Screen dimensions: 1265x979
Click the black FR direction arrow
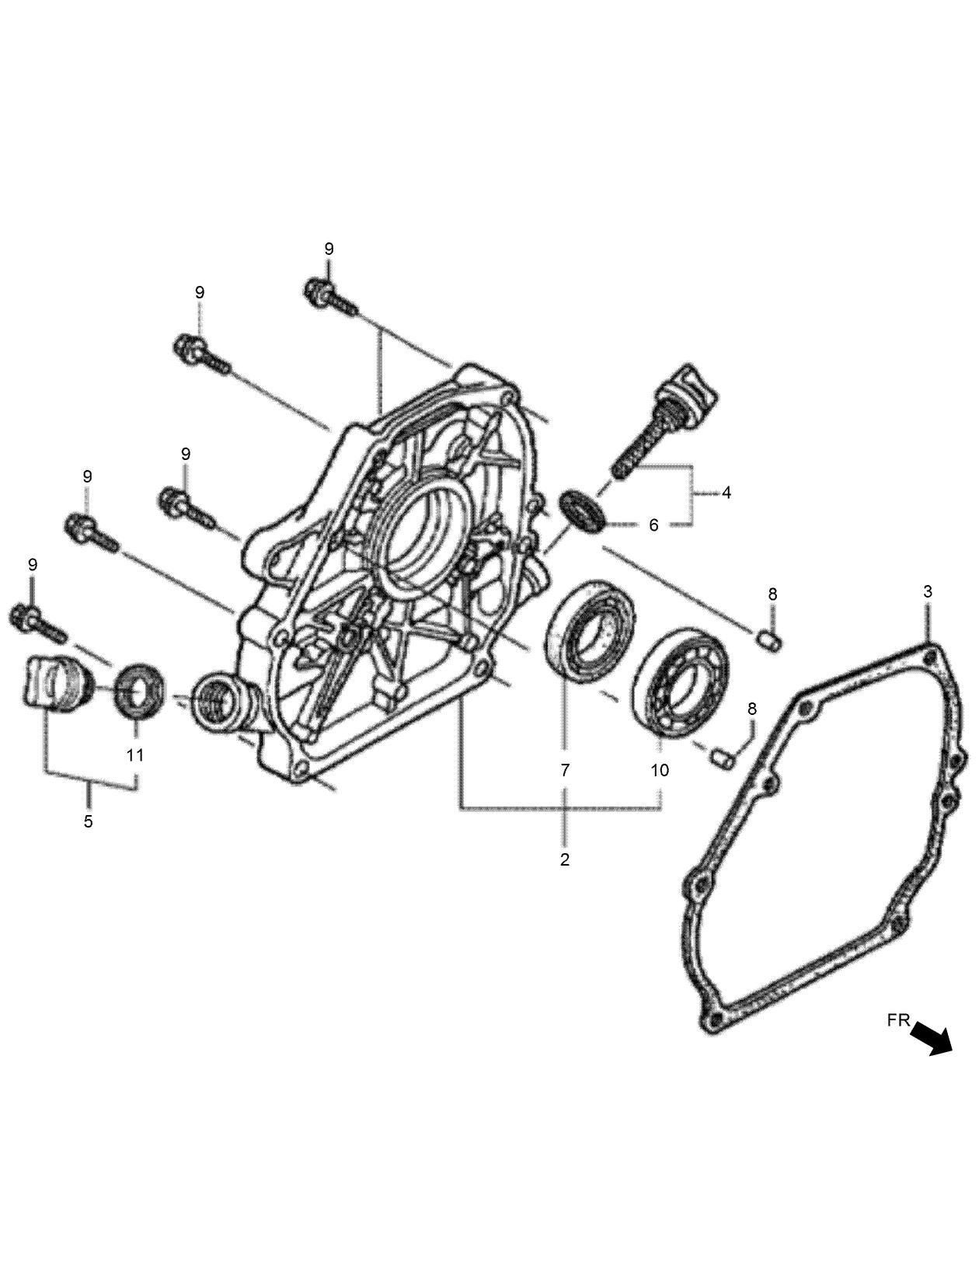pos(932,1038)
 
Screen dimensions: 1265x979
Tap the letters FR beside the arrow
pos(898,1021)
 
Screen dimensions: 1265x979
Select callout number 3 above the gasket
pos(928,591)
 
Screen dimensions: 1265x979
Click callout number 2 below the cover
pos(565,859)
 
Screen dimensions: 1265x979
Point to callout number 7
pos(565,770)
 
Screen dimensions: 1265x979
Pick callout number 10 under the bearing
pos(660,770)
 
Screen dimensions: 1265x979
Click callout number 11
pos(135,754)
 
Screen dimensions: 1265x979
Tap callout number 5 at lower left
pos(89,821)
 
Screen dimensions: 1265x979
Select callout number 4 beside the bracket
pos(726,492)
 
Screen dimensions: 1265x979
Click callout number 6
pos(653,525)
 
